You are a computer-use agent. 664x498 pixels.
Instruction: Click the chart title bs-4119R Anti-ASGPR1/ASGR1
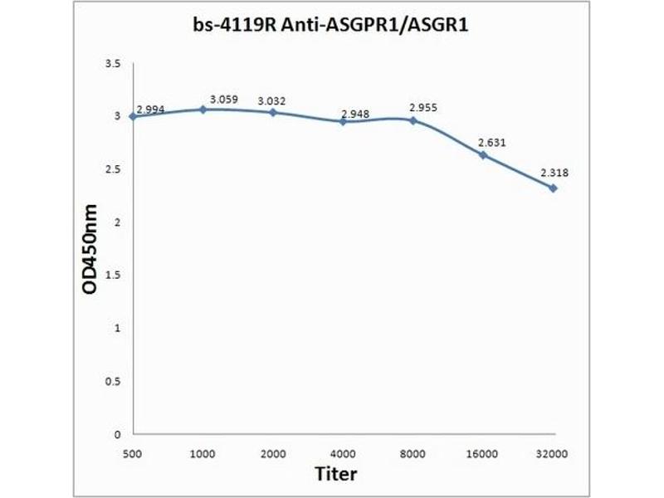pos(331,27)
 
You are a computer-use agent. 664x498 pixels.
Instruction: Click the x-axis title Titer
pos(335,474)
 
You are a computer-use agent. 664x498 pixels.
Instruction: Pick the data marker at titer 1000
pos(202,109)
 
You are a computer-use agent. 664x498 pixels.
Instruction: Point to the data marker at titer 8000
pos(413,120)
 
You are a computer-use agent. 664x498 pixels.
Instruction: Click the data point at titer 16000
pos(482,154)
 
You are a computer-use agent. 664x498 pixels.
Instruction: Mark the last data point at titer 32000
pos(553,188)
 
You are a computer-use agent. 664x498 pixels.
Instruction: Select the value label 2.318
pos(554,173)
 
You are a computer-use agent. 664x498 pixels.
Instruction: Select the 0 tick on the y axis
pos(118,434)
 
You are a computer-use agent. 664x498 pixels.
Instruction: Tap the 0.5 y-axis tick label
pos(114,381)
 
